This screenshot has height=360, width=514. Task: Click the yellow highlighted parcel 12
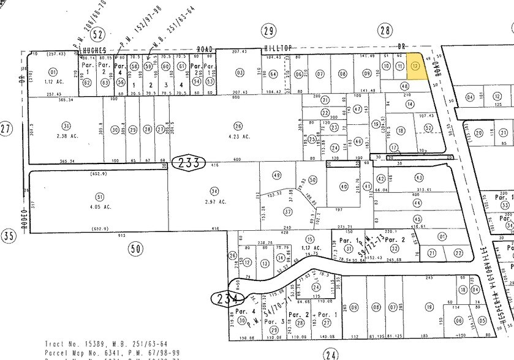tap(417, 67)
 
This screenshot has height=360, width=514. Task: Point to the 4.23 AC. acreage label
tap(239, 137)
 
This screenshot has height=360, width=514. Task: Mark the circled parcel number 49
tap(277, 175)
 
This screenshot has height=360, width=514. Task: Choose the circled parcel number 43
tap(419, 178)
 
